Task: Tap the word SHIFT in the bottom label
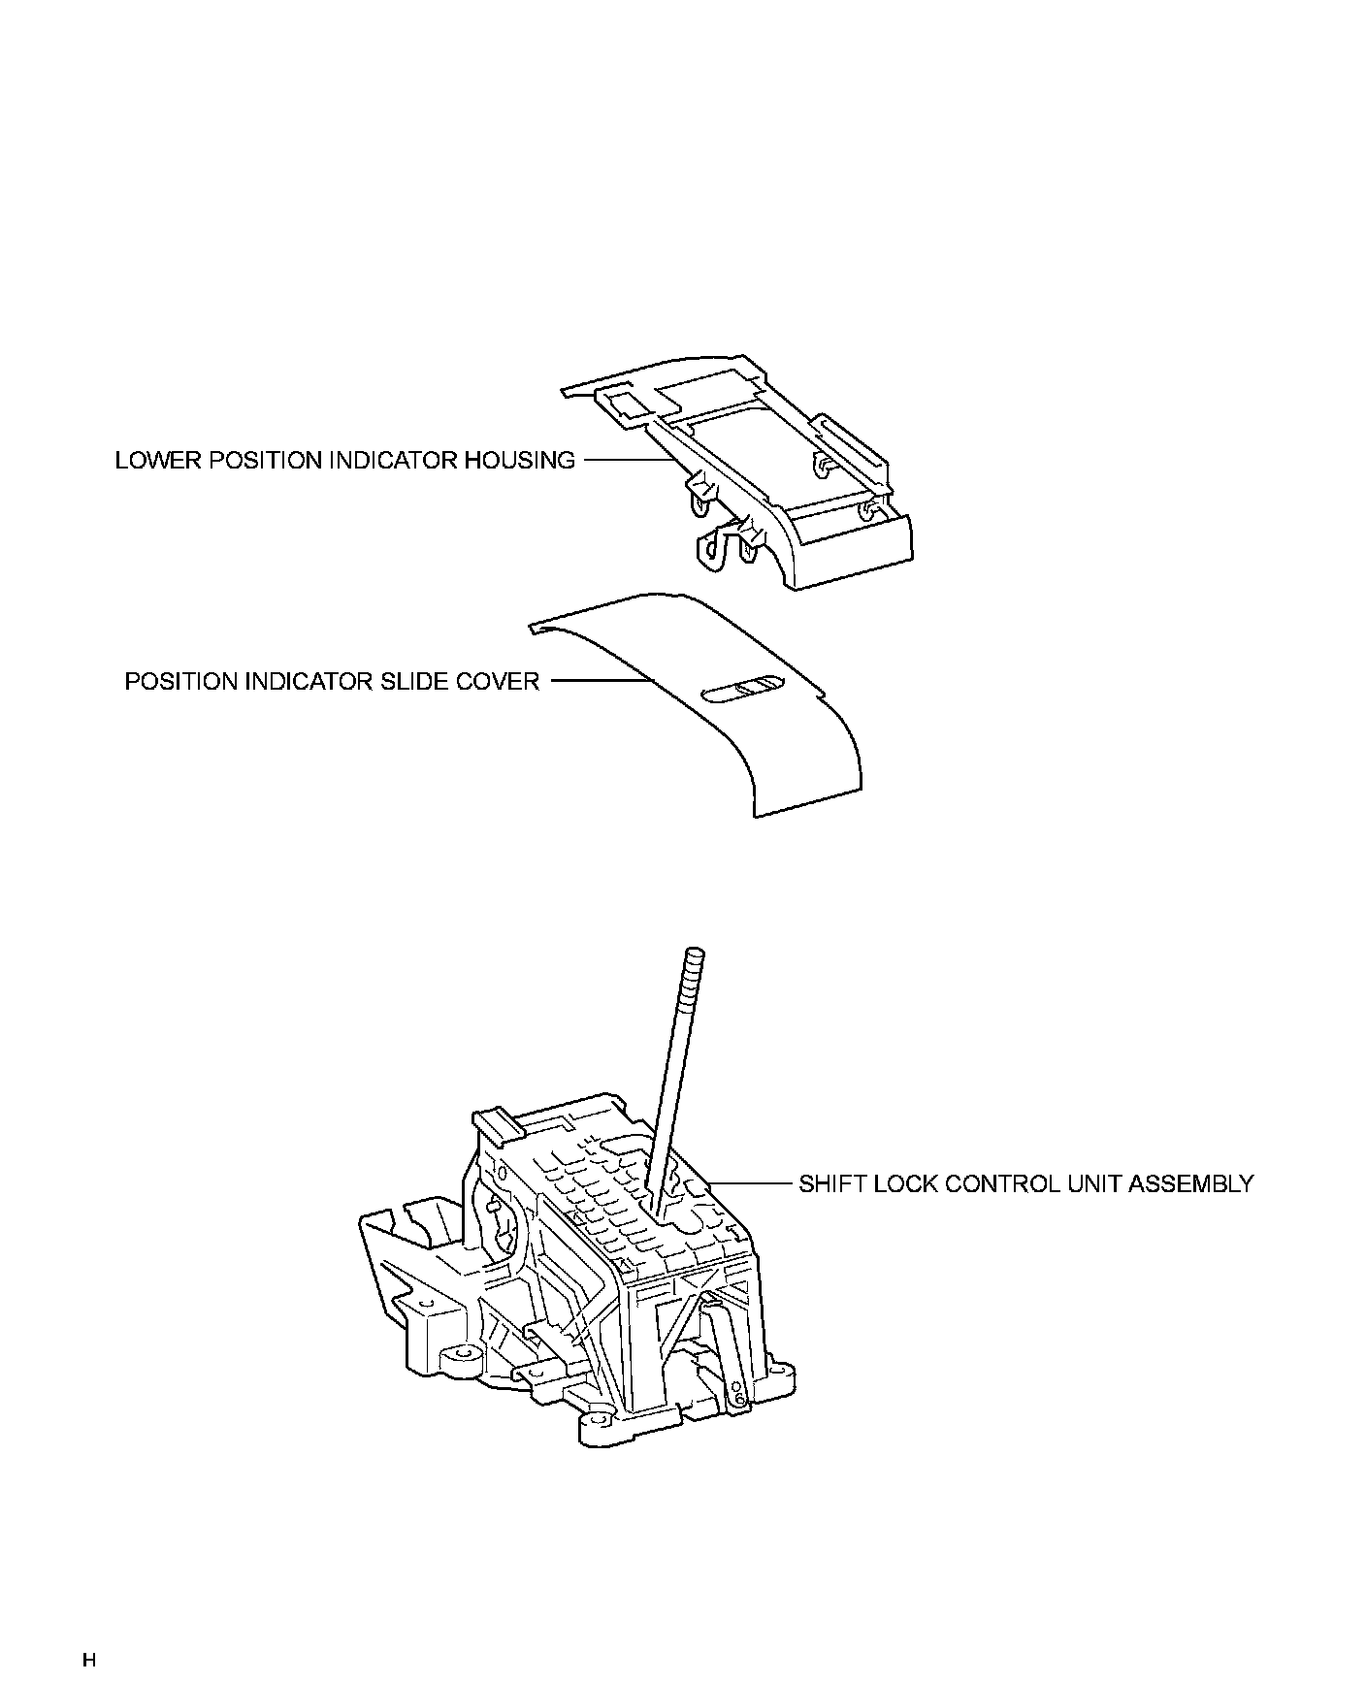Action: pos(829,1183)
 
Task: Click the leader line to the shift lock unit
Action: pos(753,1183)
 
